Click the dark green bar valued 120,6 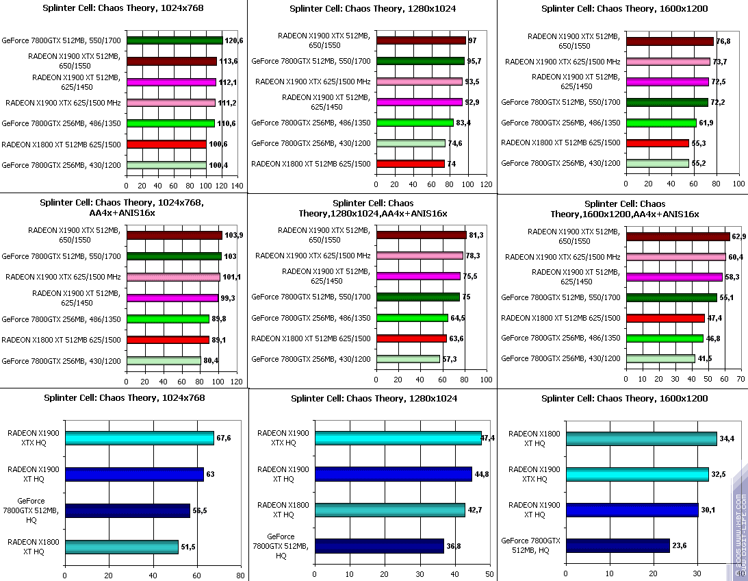175,40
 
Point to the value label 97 472,40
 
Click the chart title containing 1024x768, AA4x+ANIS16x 124,208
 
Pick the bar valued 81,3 421,235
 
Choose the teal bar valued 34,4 641,438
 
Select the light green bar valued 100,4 166,165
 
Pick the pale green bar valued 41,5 660,358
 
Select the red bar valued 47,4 665,318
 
